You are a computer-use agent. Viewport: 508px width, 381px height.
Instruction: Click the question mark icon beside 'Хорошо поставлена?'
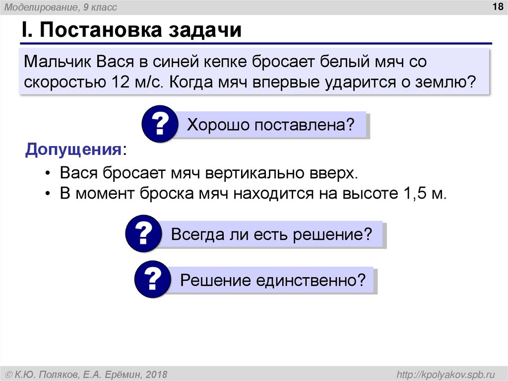(159, 124)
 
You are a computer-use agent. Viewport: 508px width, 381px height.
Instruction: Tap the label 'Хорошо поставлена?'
(271, 124)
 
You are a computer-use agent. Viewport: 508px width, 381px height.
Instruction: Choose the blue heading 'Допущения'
(74, 149)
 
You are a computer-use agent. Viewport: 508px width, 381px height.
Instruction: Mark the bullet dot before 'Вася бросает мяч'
(48, 174)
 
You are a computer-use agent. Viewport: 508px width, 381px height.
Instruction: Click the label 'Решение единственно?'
(269, 281)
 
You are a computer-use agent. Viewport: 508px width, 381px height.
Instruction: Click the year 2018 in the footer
(156, 374)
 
